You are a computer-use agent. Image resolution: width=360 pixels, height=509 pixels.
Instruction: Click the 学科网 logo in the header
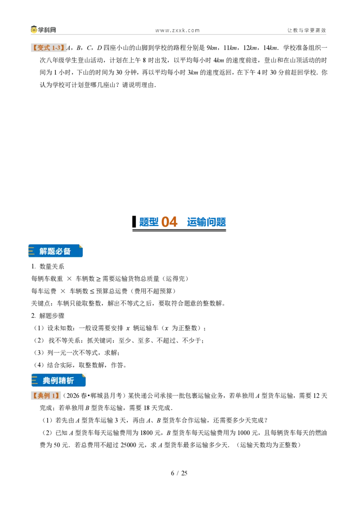[x=44, y=30]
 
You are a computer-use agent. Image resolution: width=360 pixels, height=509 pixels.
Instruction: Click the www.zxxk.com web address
[x=177, y=30]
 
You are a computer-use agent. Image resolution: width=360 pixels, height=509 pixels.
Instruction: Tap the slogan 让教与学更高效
[x=306, y=30]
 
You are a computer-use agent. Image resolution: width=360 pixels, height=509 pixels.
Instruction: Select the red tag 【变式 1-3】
[x=49, y=48]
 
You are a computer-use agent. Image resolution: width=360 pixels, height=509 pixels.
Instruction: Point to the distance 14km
[x=270, y=48]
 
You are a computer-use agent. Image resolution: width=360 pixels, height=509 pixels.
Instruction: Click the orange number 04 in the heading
[x=169, y=222]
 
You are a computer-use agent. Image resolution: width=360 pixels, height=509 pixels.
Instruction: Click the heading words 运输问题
[x=206, y=222]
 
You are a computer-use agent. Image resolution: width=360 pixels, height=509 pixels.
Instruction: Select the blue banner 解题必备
[x=55, y=251]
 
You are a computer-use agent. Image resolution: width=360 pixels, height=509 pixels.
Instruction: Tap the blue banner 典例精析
[x=58, y=380]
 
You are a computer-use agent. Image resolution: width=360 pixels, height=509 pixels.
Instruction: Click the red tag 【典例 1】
[x=46, y=395]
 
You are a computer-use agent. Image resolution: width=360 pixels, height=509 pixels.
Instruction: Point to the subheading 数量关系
[x=52, y=267]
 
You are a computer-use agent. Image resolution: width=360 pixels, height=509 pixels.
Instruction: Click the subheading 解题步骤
[x=52, y=316]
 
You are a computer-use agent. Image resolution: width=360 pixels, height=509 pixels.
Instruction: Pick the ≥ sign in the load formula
[x=99, y=279]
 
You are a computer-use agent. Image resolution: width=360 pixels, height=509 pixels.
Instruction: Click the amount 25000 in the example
[x=128, y=445]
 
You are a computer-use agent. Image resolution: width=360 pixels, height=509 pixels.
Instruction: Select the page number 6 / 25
[x=179, y=473]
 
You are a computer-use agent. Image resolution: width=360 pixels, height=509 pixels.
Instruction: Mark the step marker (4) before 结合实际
[x=39, y=365]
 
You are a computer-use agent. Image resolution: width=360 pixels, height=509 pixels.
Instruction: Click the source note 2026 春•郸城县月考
[x=94, y=395]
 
